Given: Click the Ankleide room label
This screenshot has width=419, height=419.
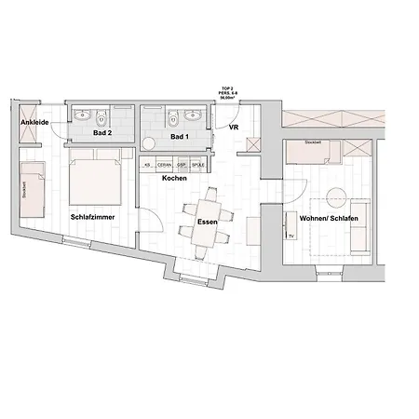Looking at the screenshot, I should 35,122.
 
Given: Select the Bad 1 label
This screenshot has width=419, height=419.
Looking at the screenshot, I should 180,138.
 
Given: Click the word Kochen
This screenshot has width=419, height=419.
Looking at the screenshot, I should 173,178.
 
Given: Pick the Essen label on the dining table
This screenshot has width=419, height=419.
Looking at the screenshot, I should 208,223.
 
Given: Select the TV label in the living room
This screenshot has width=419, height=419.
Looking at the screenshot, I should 291,237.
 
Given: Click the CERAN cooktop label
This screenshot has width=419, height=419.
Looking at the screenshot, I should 165,165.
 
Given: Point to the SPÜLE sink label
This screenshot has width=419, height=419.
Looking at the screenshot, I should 197,165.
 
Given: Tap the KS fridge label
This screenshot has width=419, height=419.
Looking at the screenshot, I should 147,165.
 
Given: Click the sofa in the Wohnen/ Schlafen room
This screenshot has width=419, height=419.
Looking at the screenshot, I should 358,227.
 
